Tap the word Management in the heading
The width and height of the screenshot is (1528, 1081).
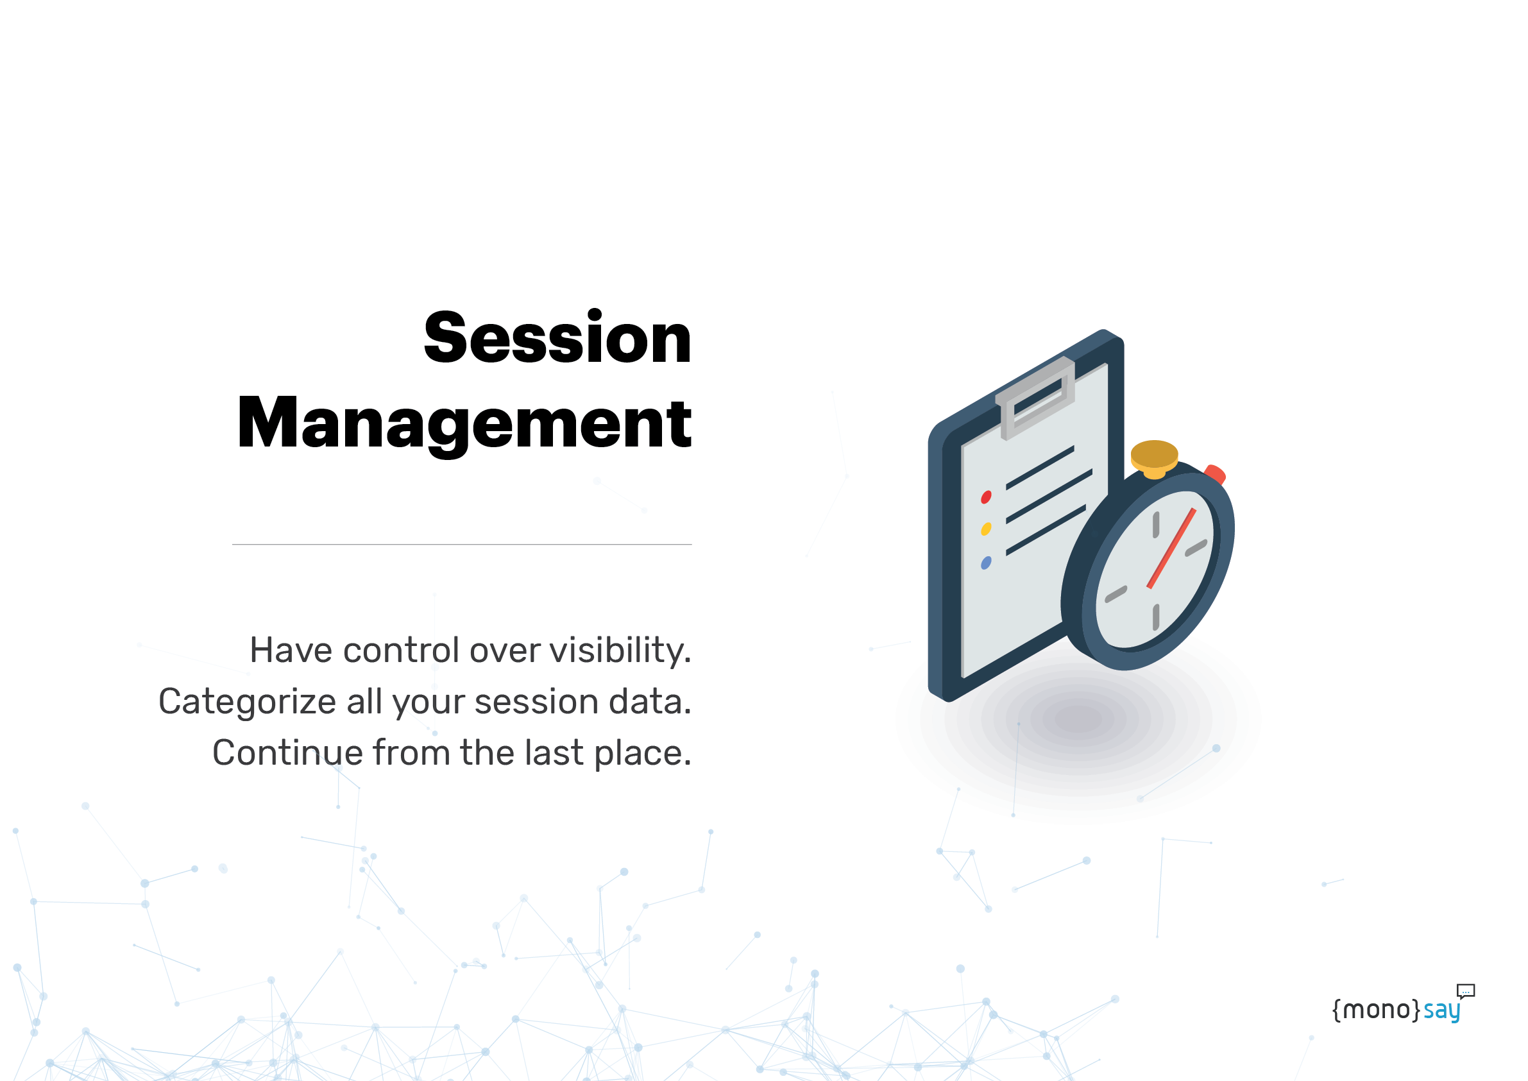tap(464, 423)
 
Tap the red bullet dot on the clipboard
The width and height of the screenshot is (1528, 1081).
tap(987, 497)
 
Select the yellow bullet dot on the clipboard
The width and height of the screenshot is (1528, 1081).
tap(987, 529)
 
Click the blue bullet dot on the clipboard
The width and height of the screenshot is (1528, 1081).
tap(987, 563)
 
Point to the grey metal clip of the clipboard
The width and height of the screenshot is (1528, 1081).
tap(1035, 398)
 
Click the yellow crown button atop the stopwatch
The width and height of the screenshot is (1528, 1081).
tap(1154, 459)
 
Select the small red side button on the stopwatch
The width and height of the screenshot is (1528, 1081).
tap(1215, 474)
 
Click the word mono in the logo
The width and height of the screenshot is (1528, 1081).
tap(1375, 1010)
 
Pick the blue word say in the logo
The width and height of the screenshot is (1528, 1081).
tap(1441, 1011)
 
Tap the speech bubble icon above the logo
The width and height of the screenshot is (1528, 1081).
tap(1465, 991)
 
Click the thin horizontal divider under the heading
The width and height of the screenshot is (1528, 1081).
tap(462, 545)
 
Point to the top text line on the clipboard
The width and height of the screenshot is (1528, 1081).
tap(1040, 468)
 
